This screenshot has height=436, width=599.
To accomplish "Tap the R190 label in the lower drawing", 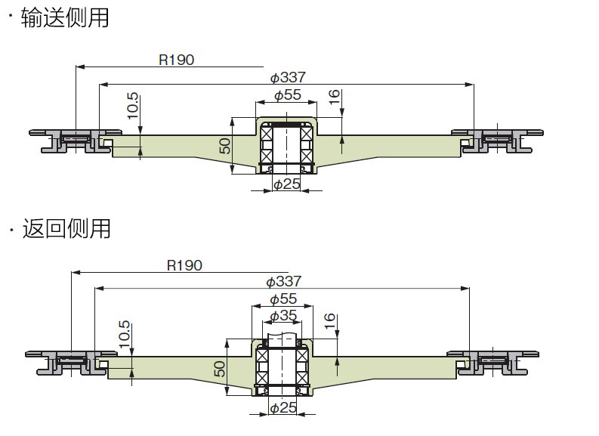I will (184, 265).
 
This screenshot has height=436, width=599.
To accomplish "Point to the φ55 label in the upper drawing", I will (287, 95).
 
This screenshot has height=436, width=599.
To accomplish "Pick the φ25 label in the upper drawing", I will (286, 184).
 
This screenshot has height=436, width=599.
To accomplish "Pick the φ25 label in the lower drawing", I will (283, 408).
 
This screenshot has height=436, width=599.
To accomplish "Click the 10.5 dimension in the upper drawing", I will (133, 107).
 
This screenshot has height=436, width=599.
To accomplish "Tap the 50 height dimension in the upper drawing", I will (225, 145).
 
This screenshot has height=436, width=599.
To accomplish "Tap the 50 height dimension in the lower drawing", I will (220, 369).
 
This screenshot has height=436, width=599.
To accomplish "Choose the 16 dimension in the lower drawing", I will (329, 321).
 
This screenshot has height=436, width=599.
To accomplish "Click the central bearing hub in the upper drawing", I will (286, 144).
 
